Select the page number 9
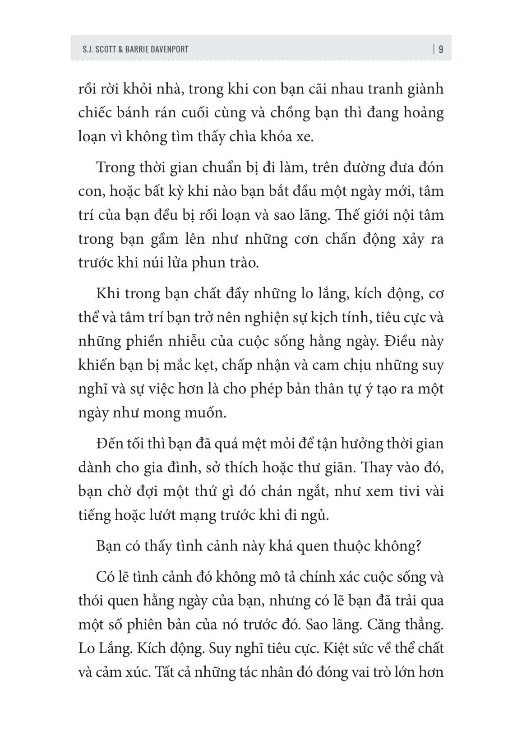point(441,49)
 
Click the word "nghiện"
point(271,317)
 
